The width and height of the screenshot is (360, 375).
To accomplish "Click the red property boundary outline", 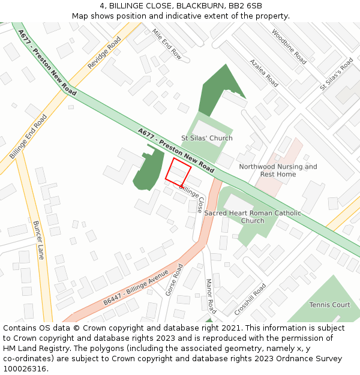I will coord(178,172).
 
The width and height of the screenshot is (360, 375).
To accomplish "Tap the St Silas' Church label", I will coord(207,138).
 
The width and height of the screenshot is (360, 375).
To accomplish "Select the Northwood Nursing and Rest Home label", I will coord(278,170).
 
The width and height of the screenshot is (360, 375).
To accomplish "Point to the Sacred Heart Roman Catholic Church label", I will coord(253,217).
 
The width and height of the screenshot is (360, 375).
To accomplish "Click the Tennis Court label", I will coord(329,305).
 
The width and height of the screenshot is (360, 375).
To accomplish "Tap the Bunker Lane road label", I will coord(39,240).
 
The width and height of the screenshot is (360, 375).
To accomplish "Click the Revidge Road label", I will coord(104,52).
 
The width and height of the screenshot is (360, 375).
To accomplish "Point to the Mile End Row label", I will coord(166,43).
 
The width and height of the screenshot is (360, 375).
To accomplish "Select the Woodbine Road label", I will coord(289,47).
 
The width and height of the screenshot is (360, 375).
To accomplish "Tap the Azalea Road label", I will coord(264,73).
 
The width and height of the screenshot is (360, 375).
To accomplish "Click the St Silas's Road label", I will coord(337,74).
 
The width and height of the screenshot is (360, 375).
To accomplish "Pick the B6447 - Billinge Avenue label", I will coord(136,289).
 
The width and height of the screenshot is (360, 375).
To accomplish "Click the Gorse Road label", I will coord(174,280).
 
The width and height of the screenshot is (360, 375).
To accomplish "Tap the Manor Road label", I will coord(211,296).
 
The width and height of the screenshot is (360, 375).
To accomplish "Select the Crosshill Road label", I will coord(250,299).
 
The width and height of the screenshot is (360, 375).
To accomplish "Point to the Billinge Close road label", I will coord(192,199).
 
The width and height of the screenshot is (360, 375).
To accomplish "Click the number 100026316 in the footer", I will coord(26,369).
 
